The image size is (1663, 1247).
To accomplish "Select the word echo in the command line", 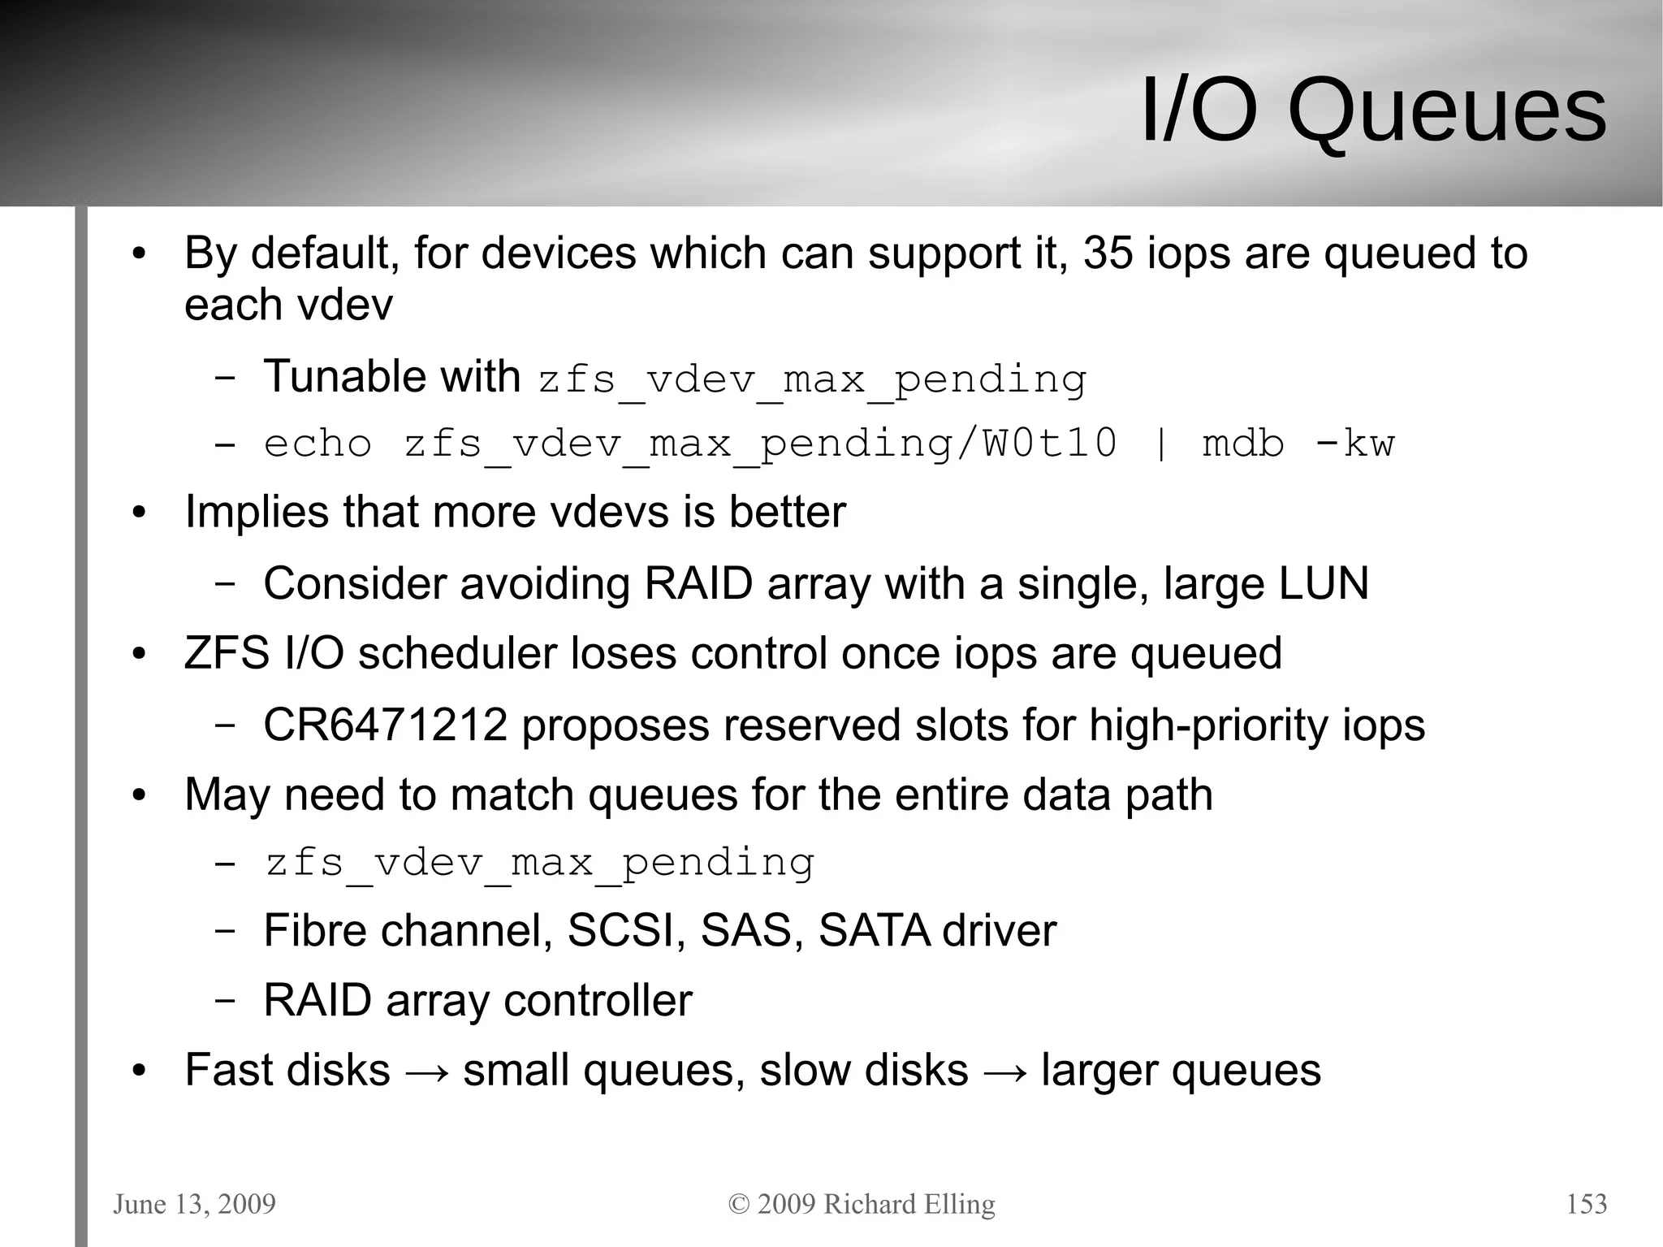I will coord(317,444).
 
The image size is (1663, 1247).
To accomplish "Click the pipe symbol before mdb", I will coord(1160,444).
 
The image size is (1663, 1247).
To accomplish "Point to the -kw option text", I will coord(1354,444).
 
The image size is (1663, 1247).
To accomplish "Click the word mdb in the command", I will coord(1243,444).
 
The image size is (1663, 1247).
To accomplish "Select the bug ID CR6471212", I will coord(385,725).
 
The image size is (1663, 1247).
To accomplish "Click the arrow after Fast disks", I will coord(426,1072).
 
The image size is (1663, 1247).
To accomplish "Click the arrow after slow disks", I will coord(1004,1072).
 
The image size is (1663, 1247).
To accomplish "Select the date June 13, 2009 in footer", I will coord(194,1203).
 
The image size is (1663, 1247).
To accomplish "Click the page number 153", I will coord(1586,1203).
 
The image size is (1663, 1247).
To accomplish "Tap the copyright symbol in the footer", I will coord(739,1204).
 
